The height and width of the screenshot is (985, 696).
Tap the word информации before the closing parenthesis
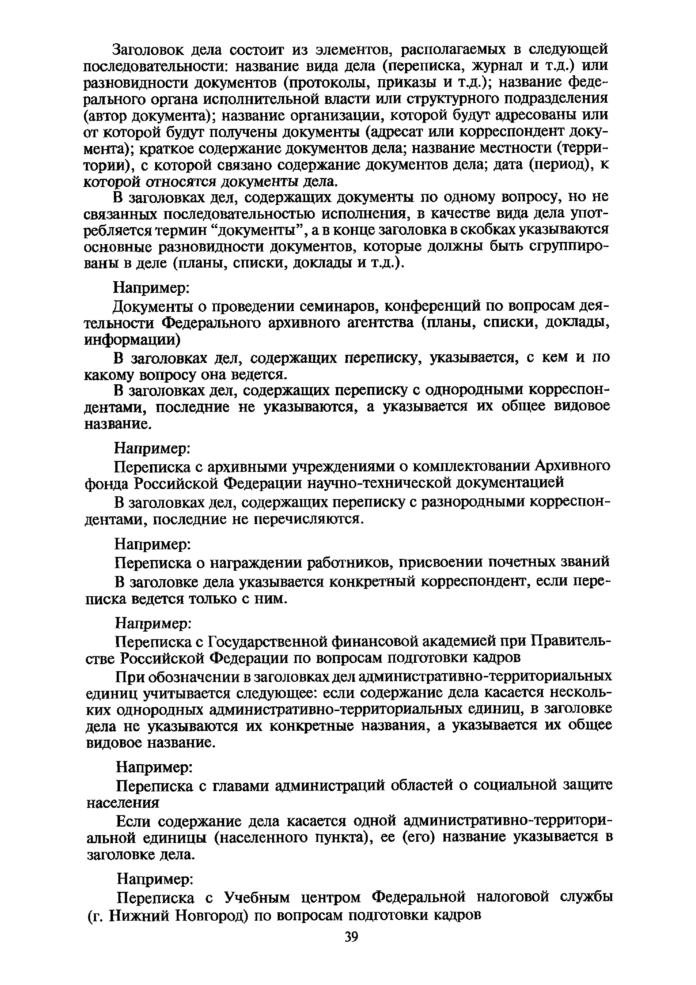(x=130, y=340)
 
